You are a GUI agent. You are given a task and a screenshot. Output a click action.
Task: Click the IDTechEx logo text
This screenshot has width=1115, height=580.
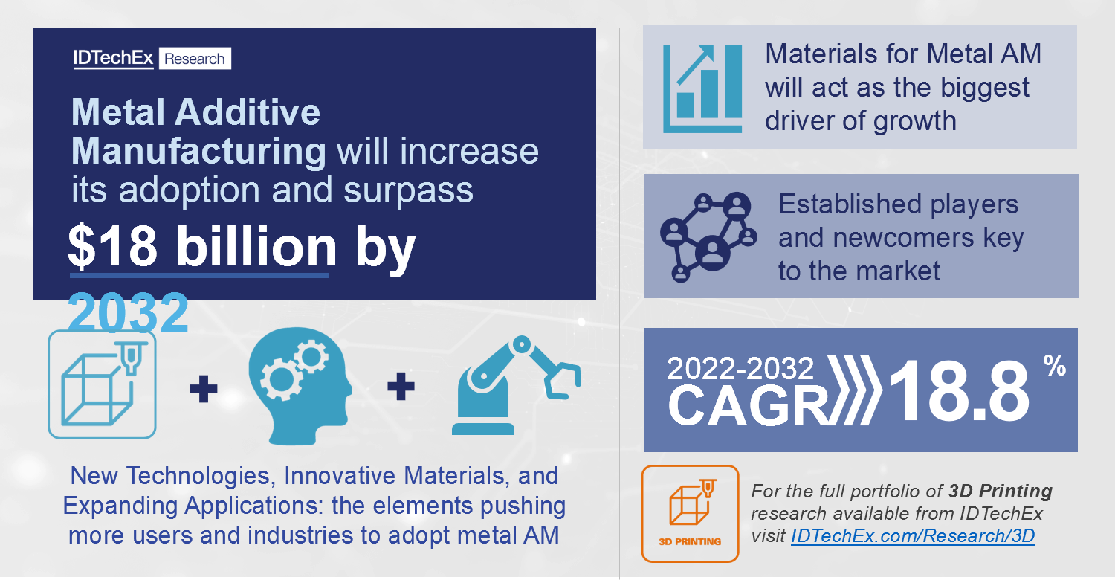(x=113, y=58)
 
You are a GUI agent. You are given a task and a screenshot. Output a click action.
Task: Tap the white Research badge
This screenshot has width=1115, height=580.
(x=195, y=58)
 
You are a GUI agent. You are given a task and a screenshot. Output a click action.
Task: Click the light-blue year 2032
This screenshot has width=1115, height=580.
(x=128, y=312)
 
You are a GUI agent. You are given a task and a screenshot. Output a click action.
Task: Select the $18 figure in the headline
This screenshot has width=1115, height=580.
(x=112, y=247)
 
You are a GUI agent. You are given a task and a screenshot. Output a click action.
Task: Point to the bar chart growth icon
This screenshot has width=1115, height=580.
(x=702, y=88)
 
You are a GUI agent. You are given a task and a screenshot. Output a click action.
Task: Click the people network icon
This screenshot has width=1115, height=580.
(x=708, y=237)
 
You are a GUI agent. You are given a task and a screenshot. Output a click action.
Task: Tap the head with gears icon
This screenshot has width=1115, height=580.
(x=300, y=385)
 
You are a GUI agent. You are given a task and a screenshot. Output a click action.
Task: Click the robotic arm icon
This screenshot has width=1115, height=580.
(x=516, y=385)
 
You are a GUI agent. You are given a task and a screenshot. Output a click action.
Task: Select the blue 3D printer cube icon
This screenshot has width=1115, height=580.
(x=102, y=384)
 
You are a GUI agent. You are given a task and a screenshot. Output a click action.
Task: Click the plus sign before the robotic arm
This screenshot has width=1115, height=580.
(x=401, y=386)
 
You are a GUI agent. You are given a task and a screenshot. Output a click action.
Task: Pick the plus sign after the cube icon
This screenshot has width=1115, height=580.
(x=204, y=388)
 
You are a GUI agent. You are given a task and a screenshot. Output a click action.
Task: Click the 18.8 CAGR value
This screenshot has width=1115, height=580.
(x=959, y=391)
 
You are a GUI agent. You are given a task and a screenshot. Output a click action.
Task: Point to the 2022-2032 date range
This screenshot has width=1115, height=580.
(x=740, y=368)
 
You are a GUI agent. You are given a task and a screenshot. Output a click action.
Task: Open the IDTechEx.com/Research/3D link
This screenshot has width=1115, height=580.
(x=913, y=535)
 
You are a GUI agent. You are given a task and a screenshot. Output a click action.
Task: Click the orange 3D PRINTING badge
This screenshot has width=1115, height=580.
(x=690, y=514)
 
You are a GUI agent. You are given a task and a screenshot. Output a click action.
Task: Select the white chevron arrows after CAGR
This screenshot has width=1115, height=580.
(x=853, y=390)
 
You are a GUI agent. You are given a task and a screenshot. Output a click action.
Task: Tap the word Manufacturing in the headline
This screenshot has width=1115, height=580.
(x=198, y=152)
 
